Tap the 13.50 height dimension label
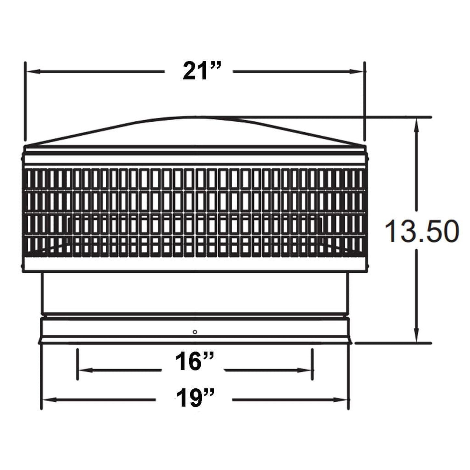[422, 231]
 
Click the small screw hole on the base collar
[195, 332]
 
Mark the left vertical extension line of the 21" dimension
[25, 98]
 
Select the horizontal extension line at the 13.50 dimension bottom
[394, 343]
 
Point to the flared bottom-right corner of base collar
[351, 342]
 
